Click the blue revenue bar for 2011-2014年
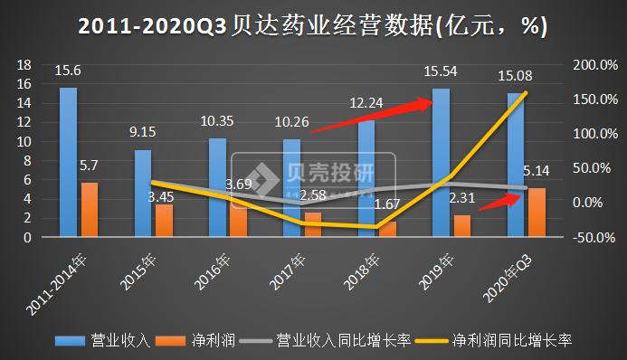(68, 163)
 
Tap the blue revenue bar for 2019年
(441, 163)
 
